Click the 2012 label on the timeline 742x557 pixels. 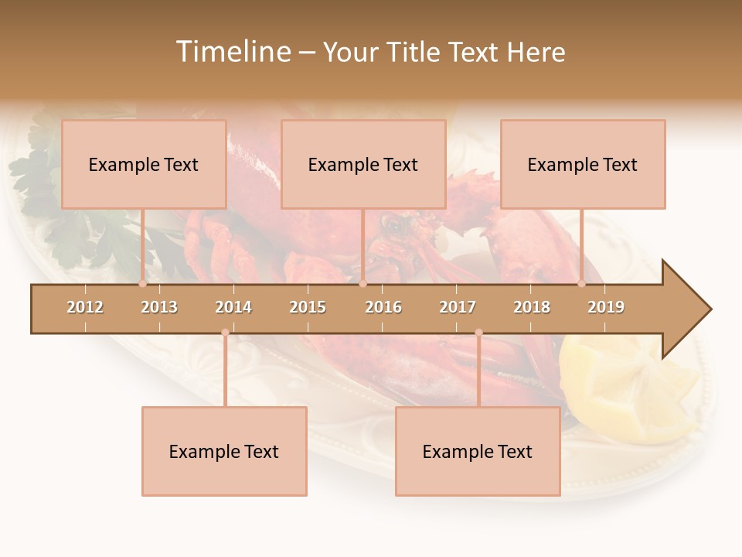(85, 307)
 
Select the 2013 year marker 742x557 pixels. (159, 307)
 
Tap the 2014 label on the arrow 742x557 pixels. (233, 307)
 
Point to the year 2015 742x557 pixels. (308, 307)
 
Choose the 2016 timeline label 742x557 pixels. (383, 307)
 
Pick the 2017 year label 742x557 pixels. (458, 307)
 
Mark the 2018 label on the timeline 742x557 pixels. (532, 307)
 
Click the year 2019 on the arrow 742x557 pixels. (606, 307)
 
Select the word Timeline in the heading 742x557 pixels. (233, 52)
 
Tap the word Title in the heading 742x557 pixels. (414, 52)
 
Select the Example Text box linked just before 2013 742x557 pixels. (144, 164)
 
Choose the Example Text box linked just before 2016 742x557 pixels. (363, 164)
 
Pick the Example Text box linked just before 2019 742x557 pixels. (583, 164)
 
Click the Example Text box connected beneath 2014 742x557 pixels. (224, 451)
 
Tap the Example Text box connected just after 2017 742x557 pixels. (478, 451)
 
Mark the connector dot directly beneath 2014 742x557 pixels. (225, 332)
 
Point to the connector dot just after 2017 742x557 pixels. (478, 332)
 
